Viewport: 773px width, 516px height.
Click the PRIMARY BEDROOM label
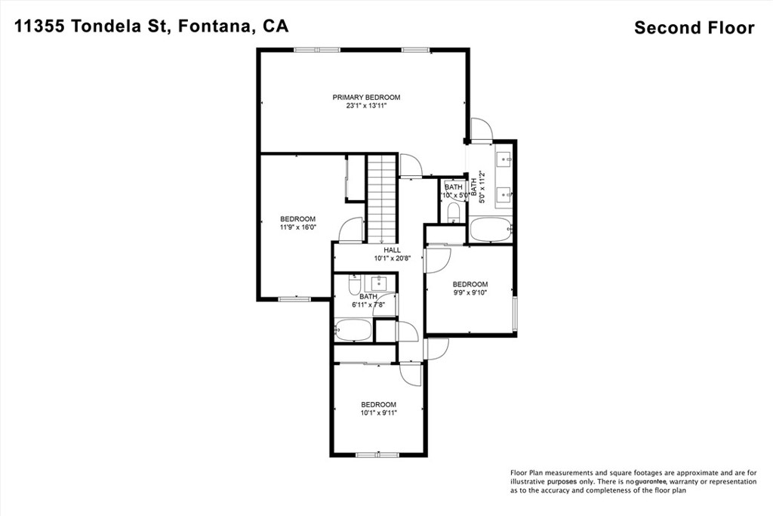(366, 97)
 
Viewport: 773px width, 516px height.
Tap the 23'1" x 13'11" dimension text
(366, 106)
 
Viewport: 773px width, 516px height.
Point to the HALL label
(393, 250)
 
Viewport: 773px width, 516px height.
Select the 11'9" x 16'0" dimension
(297, 227)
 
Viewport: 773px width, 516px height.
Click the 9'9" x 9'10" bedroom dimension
(470, 292)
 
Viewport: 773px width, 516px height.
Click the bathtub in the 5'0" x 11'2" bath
(491, 230)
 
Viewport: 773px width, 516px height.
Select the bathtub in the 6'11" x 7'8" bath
(353, 330)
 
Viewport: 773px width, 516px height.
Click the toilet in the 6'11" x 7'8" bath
(355, 285)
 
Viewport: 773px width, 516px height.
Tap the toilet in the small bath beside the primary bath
(453, 212)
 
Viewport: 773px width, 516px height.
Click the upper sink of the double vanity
(504, 159)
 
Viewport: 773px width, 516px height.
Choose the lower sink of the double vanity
(504, 194)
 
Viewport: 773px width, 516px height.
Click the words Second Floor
(694, 28)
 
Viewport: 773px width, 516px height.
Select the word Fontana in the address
(216, 26)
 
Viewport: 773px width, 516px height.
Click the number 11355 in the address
(40, 26)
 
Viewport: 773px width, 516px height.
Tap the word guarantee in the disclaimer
(651, 481)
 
